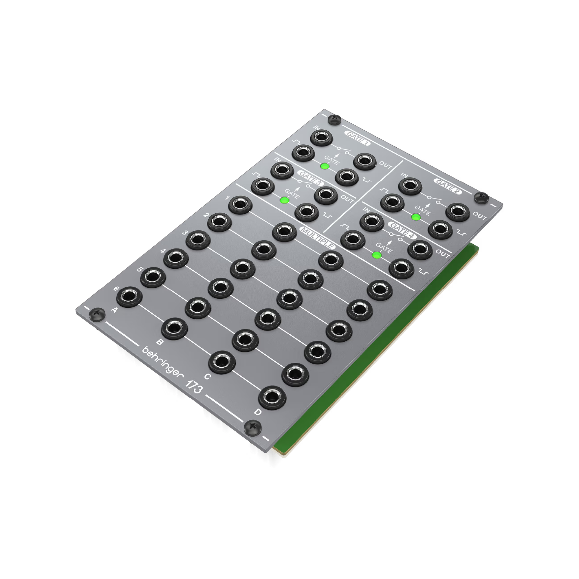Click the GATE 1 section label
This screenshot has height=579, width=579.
coord(358,138)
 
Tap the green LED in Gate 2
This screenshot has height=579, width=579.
coord(416,217)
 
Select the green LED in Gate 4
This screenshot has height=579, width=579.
coord(377,255)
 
